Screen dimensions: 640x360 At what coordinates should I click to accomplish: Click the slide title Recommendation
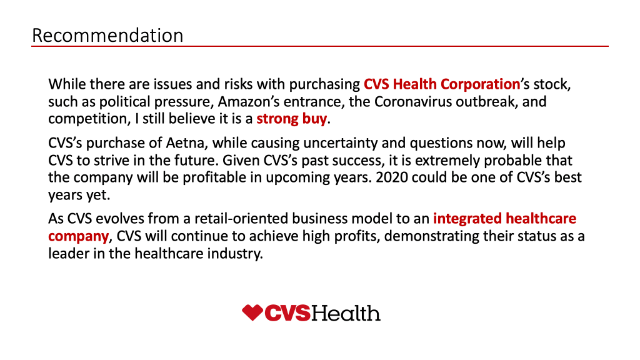(x=107, y=35)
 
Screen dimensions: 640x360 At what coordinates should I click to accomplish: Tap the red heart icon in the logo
(x=252, y=312)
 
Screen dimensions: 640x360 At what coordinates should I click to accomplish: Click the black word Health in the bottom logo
(x=346, y=313)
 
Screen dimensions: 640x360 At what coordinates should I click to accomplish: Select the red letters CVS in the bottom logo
(x=287, y=313)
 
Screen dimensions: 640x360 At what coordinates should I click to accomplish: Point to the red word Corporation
(x=480, y=84)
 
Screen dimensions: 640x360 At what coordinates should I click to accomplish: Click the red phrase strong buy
(x=291, y=119)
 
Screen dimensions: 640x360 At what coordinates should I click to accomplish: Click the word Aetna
(x=184, y=143)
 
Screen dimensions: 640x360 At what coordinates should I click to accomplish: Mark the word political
(x=124, y=102)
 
